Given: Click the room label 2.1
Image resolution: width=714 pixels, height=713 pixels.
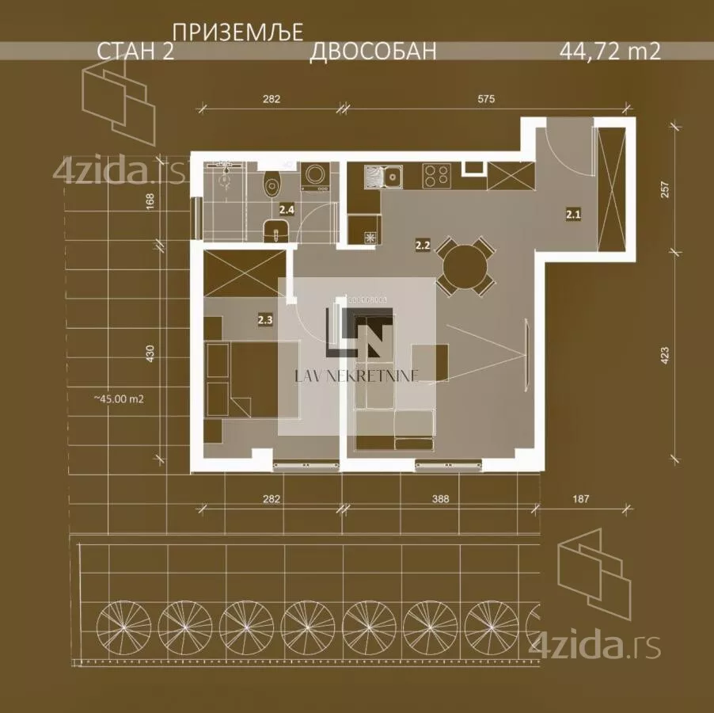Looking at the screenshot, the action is (x=573, y=214).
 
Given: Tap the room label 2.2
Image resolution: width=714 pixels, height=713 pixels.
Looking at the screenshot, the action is (x=423, y=246).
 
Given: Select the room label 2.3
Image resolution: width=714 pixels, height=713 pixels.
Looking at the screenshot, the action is (x=265, y=320).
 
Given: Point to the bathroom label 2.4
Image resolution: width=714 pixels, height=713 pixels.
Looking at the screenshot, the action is (x=287, y=210).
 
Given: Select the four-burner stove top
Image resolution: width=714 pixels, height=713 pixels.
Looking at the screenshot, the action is (x=437, y=176).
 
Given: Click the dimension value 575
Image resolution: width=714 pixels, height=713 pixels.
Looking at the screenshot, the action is (x=486, y=98).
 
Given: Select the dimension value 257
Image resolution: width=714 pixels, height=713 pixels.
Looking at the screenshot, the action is (x=665, y=189).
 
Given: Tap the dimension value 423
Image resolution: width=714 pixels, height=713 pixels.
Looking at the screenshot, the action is (x=665, y=356).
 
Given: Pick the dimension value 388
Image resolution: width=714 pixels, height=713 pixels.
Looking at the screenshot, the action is (x=440, y=499).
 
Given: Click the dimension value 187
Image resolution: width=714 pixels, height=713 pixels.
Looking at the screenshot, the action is (x=580, y=499).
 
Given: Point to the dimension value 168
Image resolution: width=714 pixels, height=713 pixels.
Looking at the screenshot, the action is (x=150, y=202).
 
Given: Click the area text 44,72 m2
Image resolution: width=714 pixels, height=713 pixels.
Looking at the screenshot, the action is (x=610, y=51).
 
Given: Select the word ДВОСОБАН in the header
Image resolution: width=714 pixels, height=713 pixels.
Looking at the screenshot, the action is (x=373, y=51).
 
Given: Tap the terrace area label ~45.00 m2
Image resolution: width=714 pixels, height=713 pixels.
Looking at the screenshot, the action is (x=119, y=399).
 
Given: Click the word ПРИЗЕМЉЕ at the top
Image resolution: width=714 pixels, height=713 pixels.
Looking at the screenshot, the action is (x=238, y=33).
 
